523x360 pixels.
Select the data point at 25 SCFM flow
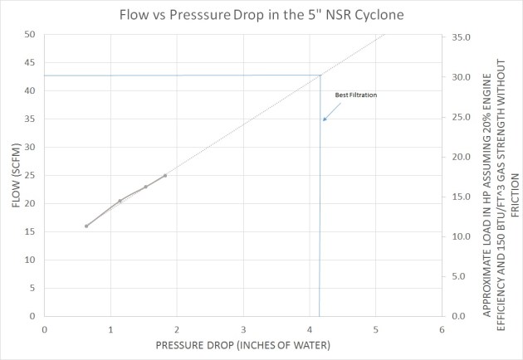click(165, 175)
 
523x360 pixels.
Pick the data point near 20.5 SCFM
click(120, 201)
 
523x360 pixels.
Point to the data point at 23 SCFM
click(145, 187)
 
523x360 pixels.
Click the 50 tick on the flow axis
click(29, 35)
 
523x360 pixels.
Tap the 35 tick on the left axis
click(29, 119)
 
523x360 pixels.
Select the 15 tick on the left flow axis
click(29, 231)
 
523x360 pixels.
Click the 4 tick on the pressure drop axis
click(310, 329)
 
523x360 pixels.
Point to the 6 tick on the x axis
click(442, 329)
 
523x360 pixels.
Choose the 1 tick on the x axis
click(110, 329)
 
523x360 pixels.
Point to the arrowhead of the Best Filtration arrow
click(325, 120)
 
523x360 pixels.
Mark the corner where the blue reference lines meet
click(320, 76)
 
